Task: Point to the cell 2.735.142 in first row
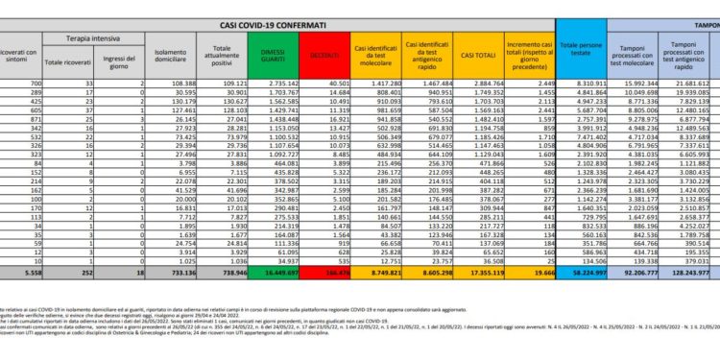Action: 275,85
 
